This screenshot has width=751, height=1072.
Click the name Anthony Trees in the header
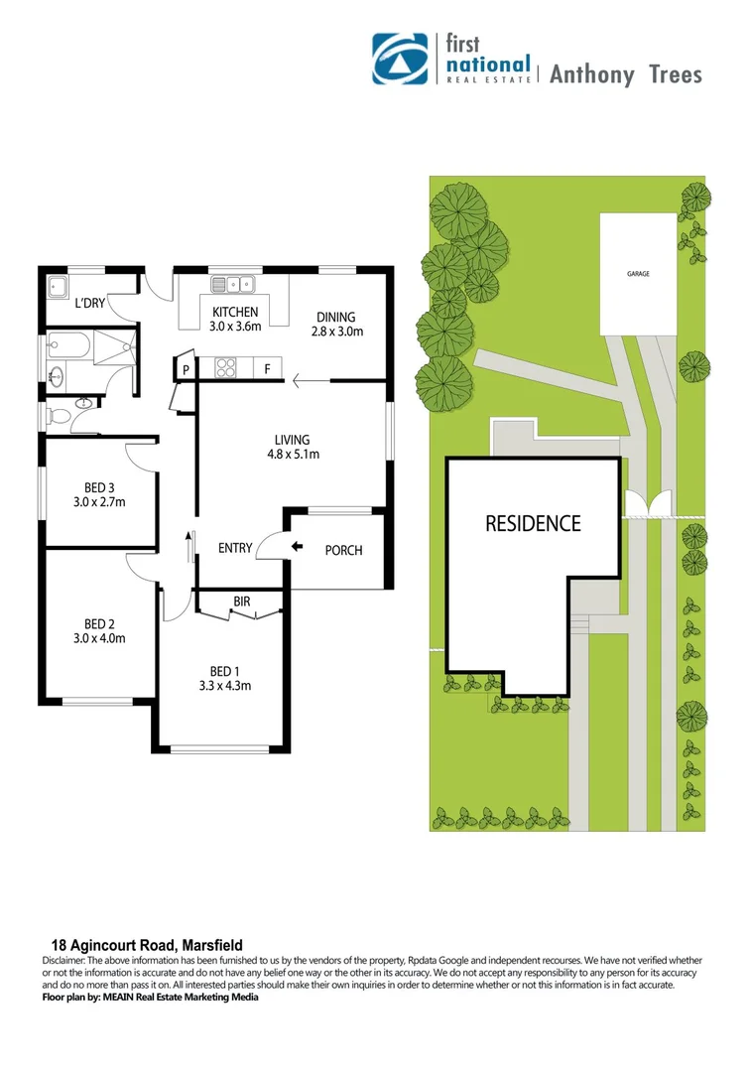626,73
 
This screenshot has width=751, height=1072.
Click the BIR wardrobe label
242,602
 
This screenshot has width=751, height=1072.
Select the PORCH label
344,550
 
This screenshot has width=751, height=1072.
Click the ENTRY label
235,548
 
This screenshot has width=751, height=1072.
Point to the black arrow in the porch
297,546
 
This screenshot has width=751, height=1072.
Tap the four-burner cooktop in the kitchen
222,368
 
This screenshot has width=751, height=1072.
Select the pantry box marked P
186,370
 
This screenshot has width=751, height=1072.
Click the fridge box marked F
267,369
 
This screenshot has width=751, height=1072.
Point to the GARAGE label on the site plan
638,273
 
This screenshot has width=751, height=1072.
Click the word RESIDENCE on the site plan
533,523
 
